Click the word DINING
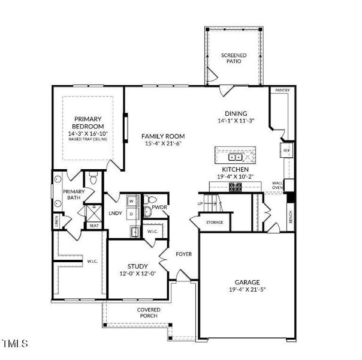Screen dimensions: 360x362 [x=236, y=113]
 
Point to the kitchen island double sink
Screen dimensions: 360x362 [x=237, y=157]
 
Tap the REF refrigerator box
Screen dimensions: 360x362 [x=286, y=150]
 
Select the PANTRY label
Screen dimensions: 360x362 [x=282, y=90]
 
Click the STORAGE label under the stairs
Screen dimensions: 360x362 [x=215, y=223]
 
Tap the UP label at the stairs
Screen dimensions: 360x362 [x=200, y=204]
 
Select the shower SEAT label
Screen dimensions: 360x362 [x=93, y=226]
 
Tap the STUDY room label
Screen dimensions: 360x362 [x=138, y=266]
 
